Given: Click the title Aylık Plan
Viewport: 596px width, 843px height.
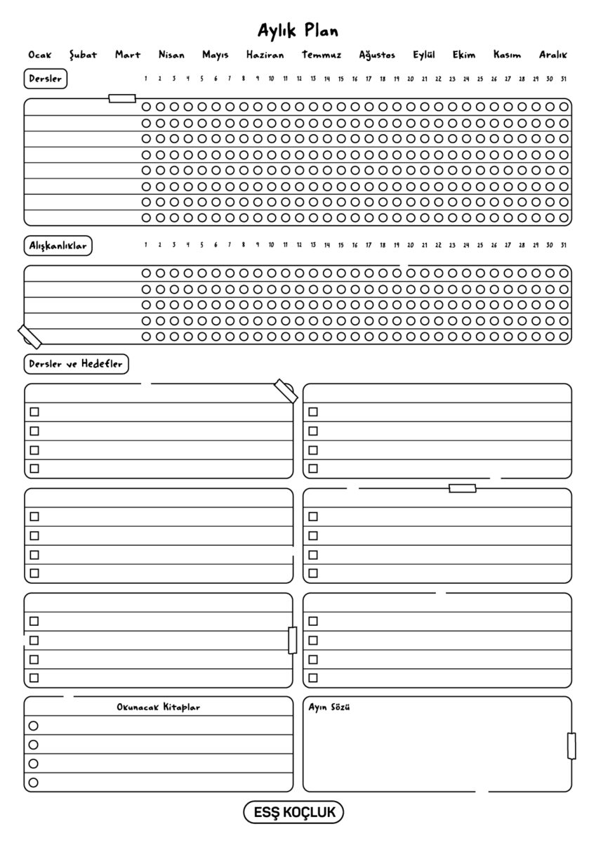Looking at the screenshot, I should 298,31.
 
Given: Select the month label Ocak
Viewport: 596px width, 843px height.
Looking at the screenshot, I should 39,55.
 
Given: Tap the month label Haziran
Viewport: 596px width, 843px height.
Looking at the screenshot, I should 265,55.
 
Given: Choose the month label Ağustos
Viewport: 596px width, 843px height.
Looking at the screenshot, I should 377,55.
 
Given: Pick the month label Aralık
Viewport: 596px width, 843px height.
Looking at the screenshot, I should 552,55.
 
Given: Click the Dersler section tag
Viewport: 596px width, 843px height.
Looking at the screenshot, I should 46,79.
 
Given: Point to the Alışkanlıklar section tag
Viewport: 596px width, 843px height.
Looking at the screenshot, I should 58,246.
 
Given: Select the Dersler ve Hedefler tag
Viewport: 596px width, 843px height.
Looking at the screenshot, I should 77,365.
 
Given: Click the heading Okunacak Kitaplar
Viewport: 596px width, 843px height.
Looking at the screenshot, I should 158,707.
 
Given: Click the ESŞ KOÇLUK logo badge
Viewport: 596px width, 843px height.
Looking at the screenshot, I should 293,813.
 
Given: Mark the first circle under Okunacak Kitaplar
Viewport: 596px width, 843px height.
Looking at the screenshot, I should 33,726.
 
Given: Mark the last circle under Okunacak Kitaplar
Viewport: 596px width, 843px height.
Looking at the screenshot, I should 33,782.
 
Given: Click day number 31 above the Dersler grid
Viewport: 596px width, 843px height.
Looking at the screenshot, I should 563,79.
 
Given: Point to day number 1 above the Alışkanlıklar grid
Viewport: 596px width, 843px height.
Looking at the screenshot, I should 145,245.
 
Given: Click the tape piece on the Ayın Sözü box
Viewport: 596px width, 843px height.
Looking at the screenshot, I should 571,745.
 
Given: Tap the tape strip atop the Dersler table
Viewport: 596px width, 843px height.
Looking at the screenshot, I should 122,98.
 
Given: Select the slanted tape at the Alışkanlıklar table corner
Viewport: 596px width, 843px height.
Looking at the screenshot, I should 29,337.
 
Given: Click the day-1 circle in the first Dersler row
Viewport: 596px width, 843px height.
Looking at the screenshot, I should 146,107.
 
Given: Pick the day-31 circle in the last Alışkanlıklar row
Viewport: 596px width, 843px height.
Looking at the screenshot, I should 564,336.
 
